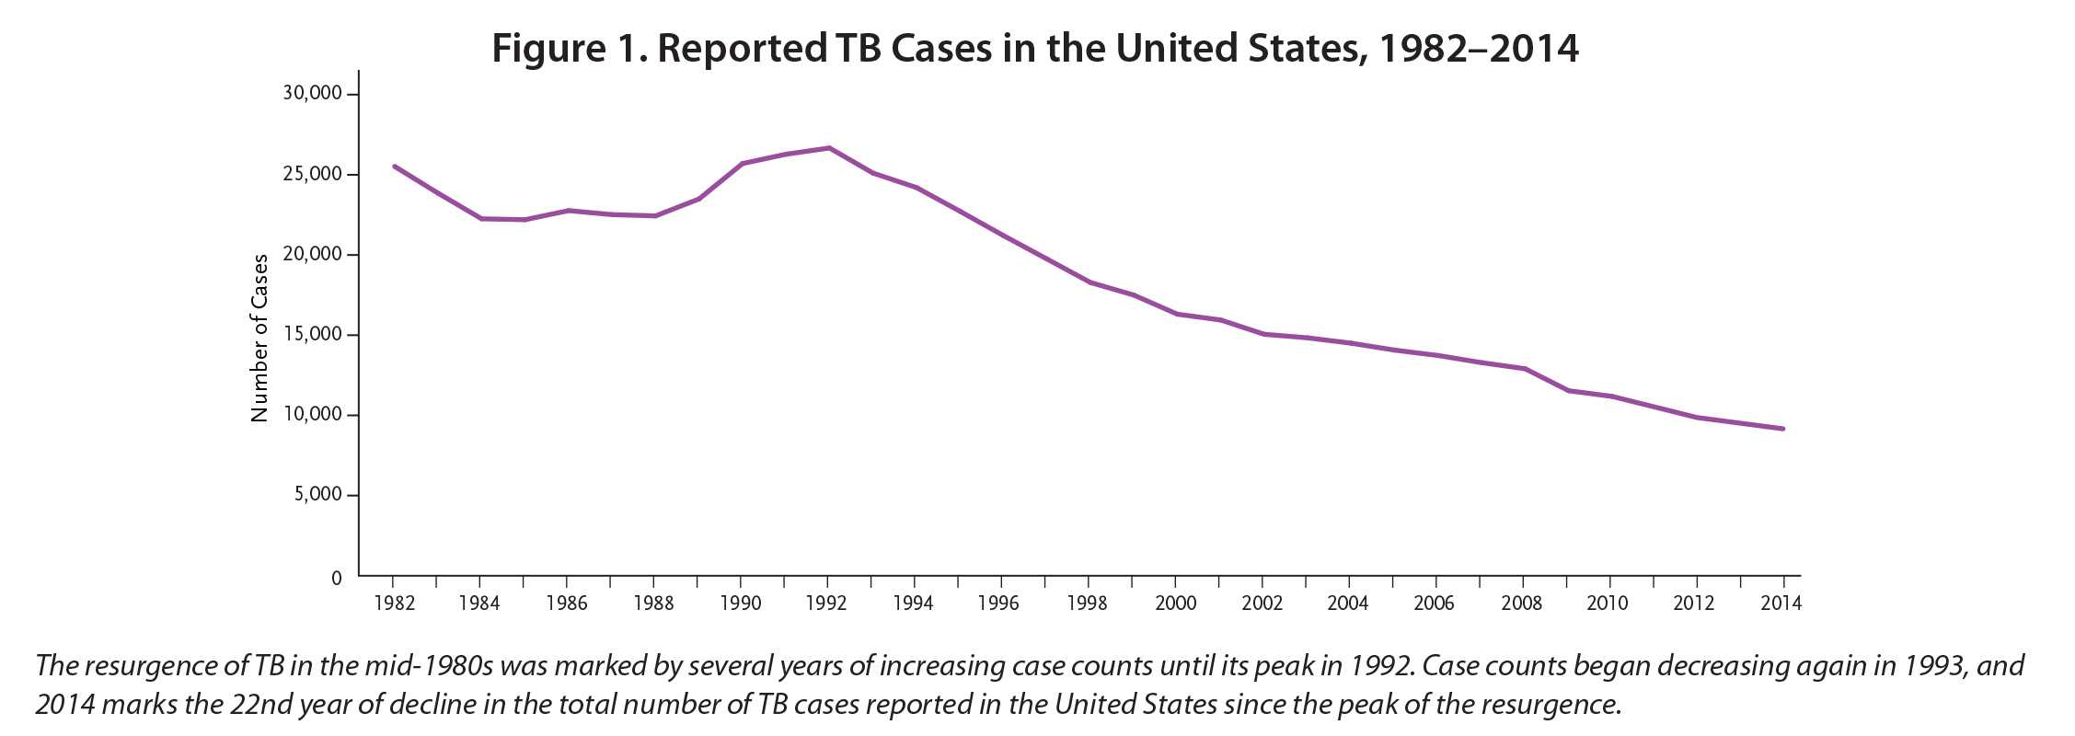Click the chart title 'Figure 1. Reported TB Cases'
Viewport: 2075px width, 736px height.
1035,48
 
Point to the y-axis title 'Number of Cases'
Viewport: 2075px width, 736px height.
259,338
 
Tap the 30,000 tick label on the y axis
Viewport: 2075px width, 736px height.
312,93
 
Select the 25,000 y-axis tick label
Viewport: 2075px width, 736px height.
312,174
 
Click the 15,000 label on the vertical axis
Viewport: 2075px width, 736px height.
312,334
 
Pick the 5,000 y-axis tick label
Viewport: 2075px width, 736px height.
317,495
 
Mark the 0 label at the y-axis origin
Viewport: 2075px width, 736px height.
336,578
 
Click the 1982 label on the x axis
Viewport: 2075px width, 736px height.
393,604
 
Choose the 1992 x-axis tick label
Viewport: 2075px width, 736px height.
827,604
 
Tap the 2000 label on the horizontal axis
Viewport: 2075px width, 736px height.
1175,604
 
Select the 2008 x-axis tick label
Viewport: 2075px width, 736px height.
1522,604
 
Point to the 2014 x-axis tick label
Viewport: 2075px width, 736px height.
1781,604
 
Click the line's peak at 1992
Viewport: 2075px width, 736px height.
828,147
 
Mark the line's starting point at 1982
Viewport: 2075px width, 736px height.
394,167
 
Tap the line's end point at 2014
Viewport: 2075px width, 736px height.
1783,429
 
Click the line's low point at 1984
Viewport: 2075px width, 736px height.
480,218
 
